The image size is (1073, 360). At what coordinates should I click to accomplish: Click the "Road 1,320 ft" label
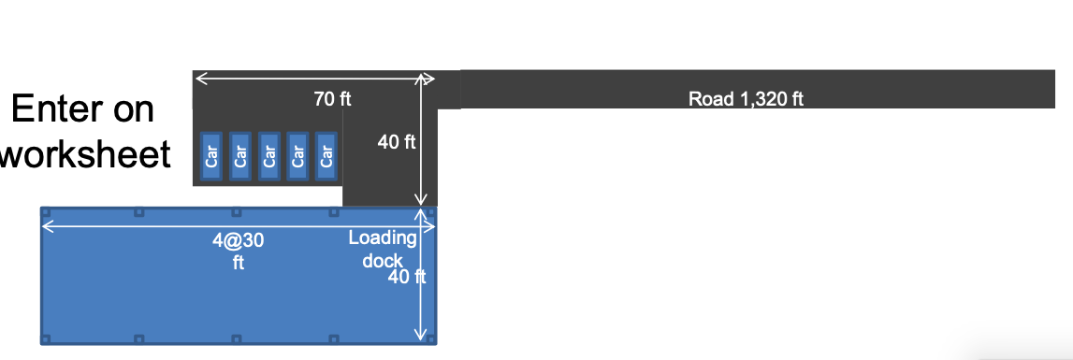tap(746, 99)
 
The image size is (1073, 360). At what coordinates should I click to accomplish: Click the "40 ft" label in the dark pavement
tap(396, 142)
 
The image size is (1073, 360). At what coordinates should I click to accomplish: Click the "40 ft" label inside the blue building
tap(407, 277)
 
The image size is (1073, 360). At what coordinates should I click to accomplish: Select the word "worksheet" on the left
tap(85, 154)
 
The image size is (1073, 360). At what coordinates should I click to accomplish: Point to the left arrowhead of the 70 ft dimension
tap(198, 79)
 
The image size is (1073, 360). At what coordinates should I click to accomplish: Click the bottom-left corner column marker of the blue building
tap(45, 338)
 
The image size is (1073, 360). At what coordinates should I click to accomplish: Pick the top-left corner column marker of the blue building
tap(45, 212)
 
